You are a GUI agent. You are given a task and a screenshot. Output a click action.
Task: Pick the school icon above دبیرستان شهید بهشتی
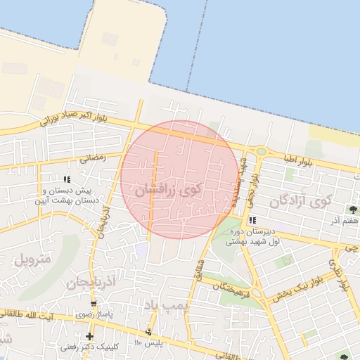[x=252, y=221]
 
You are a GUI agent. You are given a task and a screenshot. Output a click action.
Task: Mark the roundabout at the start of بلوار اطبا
[x=262, y=151]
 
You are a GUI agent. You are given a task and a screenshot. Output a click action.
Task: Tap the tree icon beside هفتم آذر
[x=352, y=209]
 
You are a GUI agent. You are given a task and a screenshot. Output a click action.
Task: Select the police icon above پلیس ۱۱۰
[x=148, y=331]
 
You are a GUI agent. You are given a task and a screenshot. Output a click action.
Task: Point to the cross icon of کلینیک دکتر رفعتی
[x=89, y=337]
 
